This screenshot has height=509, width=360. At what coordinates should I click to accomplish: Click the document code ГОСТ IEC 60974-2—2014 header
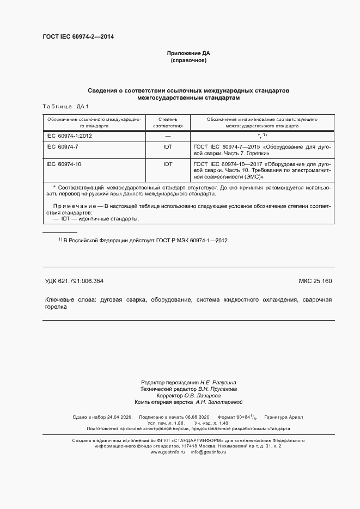[x=78, y=37]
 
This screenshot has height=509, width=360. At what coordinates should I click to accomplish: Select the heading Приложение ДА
[x=188, y=53]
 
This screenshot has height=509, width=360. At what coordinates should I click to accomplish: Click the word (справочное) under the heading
[x=188, y=60]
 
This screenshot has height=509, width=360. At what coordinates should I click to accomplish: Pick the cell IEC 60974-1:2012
[x=69, y=135]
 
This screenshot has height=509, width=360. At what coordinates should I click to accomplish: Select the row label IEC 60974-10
[x=64, y=163]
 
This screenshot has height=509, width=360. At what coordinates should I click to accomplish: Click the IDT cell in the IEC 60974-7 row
[x=168, y=148]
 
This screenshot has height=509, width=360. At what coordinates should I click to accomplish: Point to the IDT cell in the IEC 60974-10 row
[x=168, y=163]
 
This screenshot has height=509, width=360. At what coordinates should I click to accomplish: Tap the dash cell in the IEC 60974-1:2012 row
[x=168, y=135]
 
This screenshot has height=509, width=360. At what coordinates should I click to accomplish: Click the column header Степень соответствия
[x=168, y=122]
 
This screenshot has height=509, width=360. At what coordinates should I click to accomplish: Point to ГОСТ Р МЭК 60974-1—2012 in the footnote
[x=194, y=240]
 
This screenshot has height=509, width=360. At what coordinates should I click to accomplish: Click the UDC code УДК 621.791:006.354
[x=74, y=281]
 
